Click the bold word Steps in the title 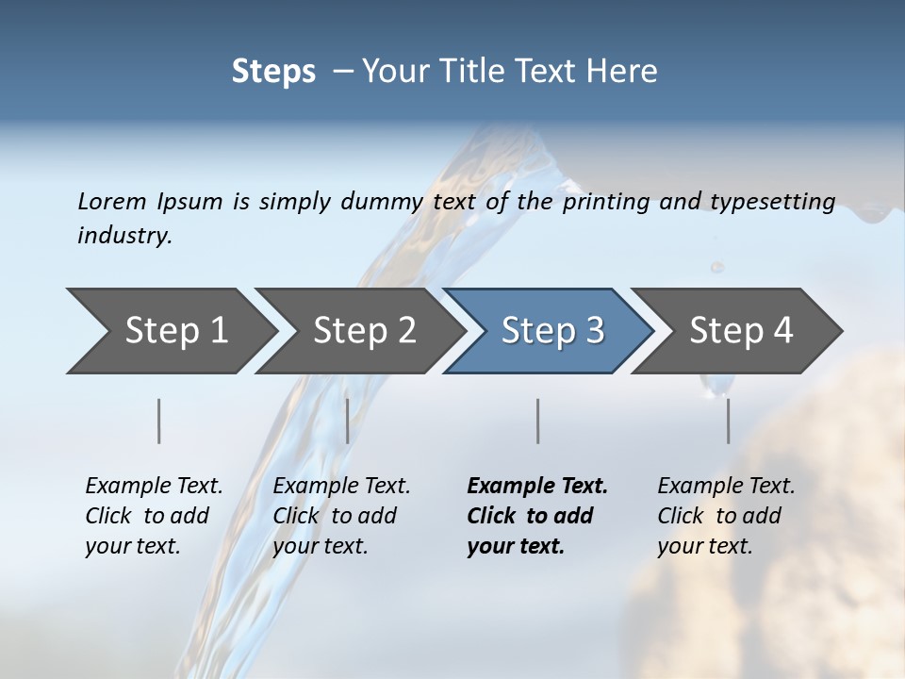pyautogui.click(x=273, y=72)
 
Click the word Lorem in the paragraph pyautogui.click(x=111, y=202)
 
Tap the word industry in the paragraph pyautogui.click(x=123, y=236)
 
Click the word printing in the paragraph pyautogui.click(x=605, y=202)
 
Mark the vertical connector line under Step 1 pyautogui.click(x=159, y=421)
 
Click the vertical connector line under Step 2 pyautogui.click(x=348, y=421)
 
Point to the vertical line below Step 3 pyautogui.click(x=538, y=421)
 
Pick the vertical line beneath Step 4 pyautogui.click(x=729, y=421)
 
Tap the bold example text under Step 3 pyautogui.click(x=536, y=516)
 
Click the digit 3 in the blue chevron pyautogui.click(x=594, y=331)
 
